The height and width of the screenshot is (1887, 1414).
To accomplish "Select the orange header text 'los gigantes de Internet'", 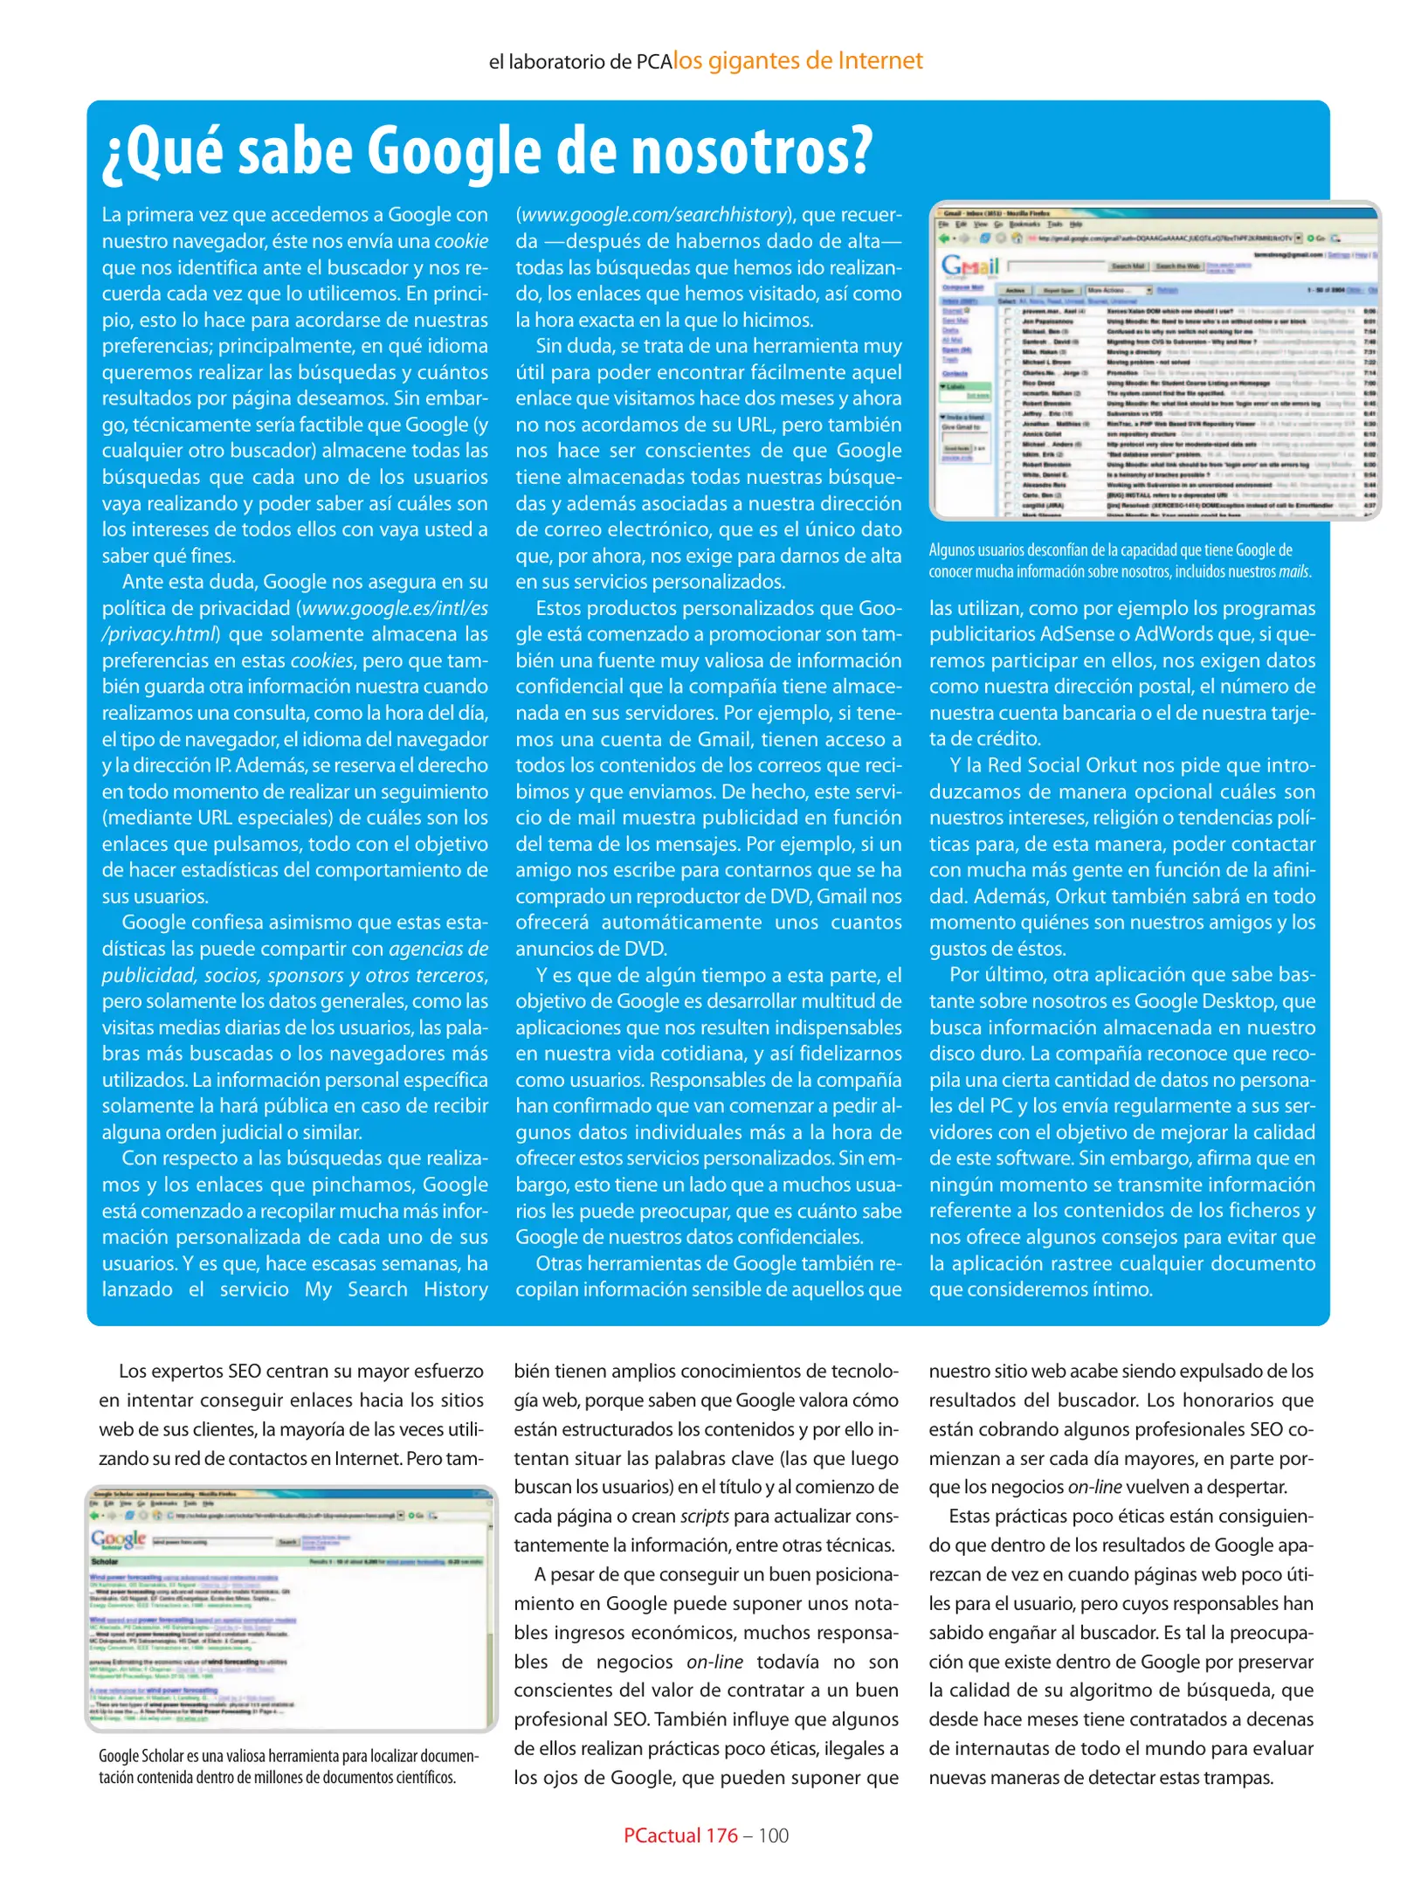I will click(x=797, y=60).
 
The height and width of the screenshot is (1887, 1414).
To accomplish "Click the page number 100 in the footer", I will click(x=773, y=1835).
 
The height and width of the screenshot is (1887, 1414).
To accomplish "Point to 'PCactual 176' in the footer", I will click(x=680, y=1835).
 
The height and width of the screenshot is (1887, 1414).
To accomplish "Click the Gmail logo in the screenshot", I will click(x=969, y=265).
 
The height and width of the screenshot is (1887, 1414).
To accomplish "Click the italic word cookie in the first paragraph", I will click(x=461, y=241).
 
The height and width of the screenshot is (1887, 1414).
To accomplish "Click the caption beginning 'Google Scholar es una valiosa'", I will click(x=288, y=1766).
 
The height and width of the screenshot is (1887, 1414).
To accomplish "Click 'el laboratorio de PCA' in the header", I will click(x=580, y=62).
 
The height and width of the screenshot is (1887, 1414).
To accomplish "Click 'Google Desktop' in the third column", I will click(x=1206, y=1001).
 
